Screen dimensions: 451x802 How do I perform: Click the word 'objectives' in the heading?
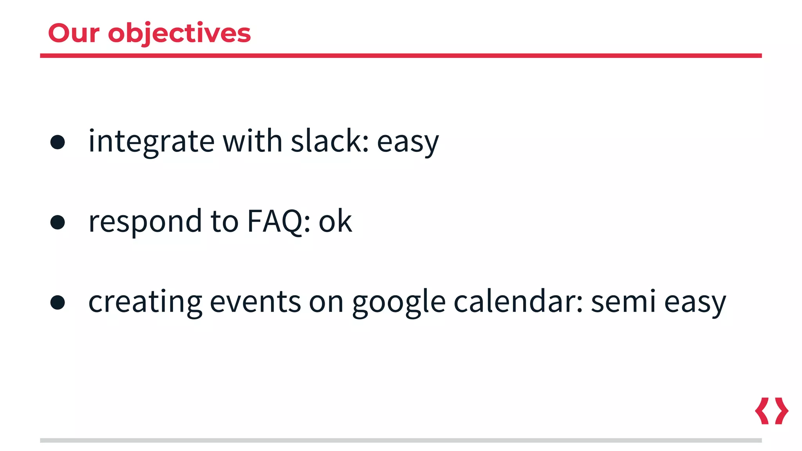(179, 34)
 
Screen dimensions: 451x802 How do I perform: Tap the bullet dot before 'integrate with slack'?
(58, 142)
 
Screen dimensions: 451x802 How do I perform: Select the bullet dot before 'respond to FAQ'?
(58, 222)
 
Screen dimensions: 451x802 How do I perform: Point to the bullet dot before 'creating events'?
(58, 302)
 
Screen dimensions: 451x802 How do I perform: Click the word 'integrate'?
(151, 142)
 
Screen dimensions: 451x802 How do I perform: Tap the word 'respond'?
(145, 222)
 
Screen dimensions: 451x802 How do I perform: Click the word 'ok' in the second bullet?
(335, 222)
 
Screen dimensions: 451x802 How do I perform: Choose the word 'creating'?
(145, 302)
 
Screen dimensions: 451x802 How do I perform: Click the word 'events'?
(255, 302)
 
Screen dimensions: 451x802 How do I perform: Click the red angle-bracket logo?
(771, 411)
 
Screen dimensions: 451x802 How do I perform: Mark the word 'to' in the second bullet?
(224, 222)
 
